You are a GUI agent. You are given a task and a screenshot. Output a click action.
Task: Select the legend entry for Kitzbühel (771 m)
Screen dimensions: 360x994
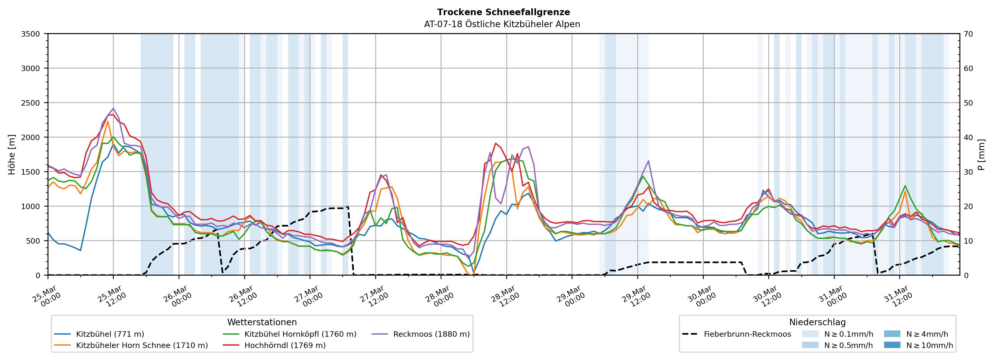coord(110,334)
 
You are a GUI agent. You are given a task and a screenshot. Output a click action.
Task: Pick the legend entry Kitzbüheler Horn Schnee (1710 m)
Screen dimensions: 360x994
coord(142,345)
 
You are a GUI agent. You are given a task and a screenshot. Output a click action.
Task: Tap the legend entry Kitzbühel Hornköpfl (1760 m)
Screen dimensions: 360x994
coord(300,334)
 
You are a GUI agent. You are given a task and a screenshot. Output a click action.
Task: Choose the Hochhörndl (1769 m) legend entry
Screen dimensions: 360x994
coord(285,345)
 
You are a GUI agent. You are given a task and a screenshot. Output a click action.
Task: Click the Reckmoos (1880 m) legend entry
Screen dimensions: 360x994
coord(431,334)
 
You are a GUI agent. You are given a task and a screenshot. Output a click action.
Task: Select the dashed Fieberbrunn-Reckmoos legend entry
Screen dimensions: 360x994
coord(747,334)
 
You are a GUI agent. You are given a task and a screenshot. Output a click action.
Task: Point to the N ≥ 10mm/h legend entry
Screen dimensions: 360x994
coord(929,345)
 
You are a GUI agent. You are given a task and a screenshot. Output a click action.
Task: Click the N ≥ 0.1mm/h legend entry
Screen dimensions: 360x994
coord(848,334)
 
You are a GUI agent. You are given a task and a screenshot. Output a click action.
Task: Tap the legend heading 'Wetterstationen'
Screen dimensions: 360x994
coord(262,322)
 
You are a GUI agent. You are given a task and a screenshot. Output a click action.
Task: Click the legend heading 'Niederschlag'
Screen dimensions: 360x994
coord(817,322)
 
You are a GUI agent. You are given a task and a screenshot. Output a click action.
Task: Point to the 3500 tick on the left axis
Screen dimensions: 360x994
coord(31,34)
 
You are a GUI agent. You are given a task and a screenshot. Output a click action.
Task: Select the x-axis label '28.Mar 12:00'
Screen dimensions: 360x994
coord(504,296)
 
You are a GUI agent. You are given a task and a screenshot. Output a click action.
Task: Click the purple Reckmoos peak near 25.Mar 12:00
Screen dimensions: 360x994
coord(113,108)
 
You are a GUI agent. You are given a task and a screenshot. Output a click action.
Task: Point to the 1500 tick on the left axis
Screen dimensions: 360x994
coord(31,172)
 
